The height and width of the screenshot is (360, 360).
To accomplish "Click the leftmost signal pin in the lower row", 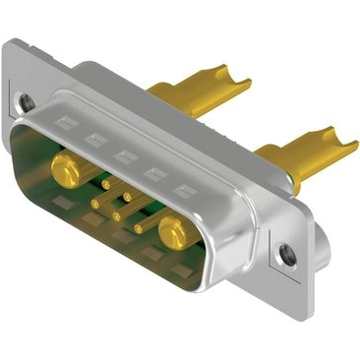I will pos(94,204).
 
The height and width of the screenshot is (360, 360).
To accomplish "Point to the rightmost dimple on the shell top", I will pos(181,188).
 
